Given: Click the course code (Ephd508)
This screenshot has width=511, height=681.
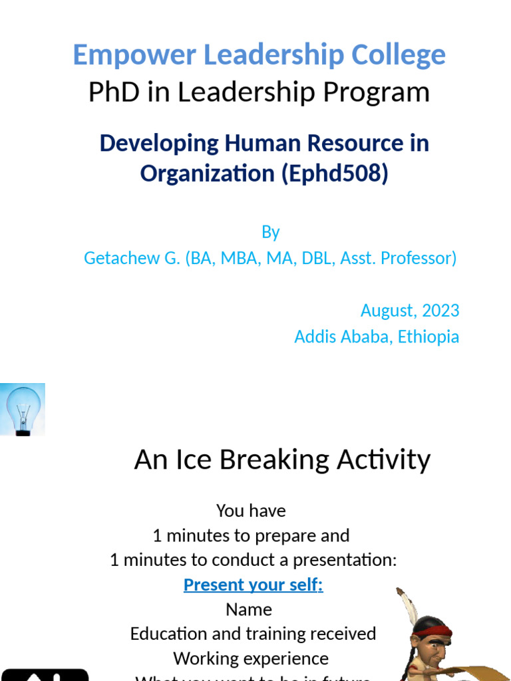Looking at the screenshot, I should pyautogui.click(x=335, y=174).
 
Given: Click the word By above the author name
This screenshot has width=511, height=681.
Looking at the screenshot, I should pyautogui.click(x=270, y=232).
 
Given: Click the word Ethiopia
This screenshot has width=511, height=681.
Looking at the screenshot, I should pyautogui.click(x=428, y=337).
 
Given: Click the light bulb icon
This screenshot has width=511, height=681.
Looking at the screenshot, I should pyautogui.click(x=23, y=409).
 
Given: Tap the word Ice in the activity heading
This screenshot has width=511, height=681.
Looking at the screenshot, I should pyautogui.click(x=199, y=460).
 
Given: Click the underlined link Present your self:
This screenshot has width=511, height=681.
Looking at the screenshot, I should pyautogui.click(x=253, y=585).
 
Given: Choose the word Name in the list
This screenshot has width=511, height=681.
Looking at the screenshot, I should pyautogui.click(x=249, y=609).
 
